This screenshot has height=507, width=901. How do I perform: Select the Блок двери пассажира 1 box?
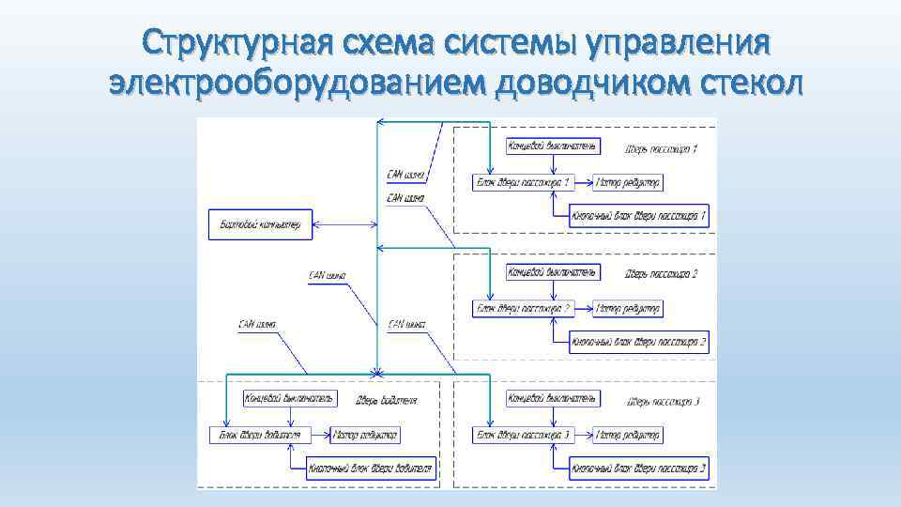point(523,182)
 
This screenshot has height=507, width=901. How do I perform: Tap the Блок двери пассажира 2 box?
point(523,308)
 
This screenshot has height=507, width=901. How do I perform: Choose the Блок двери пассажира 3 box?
point(523,435)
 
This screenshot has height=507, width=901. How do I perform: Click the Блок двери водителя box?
point(260,435)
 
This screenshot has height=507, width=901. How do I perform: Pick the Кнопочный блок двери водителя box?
point(372,468)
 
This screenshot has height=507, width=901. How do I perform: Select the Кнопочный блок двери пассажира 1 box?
point(639,216)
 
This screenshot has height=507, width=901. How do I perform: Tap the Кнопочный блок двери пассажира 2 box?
point(639,342)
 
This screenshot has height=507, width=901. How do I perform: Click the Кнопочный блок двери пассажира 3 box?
point(639,468)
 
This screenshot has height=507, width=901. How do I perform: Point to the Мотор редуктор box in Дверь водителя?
point(366,435)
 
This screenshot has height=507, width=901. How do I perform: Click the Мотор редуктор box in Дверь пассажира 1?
point(628,182)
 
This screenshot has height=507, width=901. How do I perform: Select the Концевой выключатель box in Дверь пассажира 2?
point(552,272)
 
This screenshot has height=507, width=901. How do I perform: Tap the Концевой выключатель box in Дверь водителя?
point(289,399)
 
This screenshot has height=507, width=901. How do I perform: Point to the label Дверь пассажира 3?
point(662,402)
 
